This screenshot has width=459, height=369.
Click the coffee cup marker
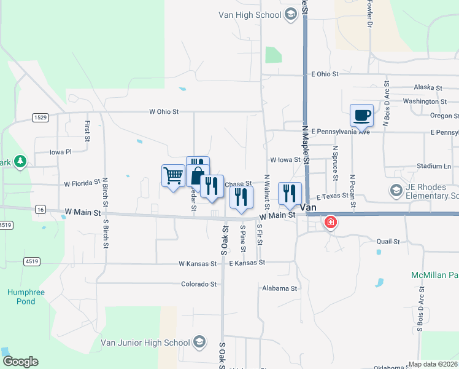361,114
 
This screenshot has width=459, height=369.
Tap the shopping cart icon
173,175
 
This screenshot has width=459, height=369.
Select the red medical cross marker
331,221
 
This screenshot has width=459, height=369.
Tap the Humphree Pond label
26,297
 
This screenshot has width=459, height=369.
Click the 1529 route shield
41,117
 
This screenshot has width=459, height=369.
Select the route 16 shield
40,210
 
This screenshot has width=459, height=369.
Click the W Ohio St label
164,112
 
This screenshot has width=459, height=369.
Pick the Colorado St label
199,284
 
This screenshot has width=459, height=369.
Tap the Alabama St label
279,288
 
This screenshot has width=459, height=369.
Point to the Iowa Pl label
61,151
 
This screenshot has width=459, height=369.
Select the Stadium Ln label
433,166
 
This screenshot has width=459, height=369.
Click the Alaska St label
428,88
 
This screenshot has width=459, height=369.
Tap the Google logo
20,362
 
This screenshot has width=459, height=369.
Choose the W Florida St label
82,183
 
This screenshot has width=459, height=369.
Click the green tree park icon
20,161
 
